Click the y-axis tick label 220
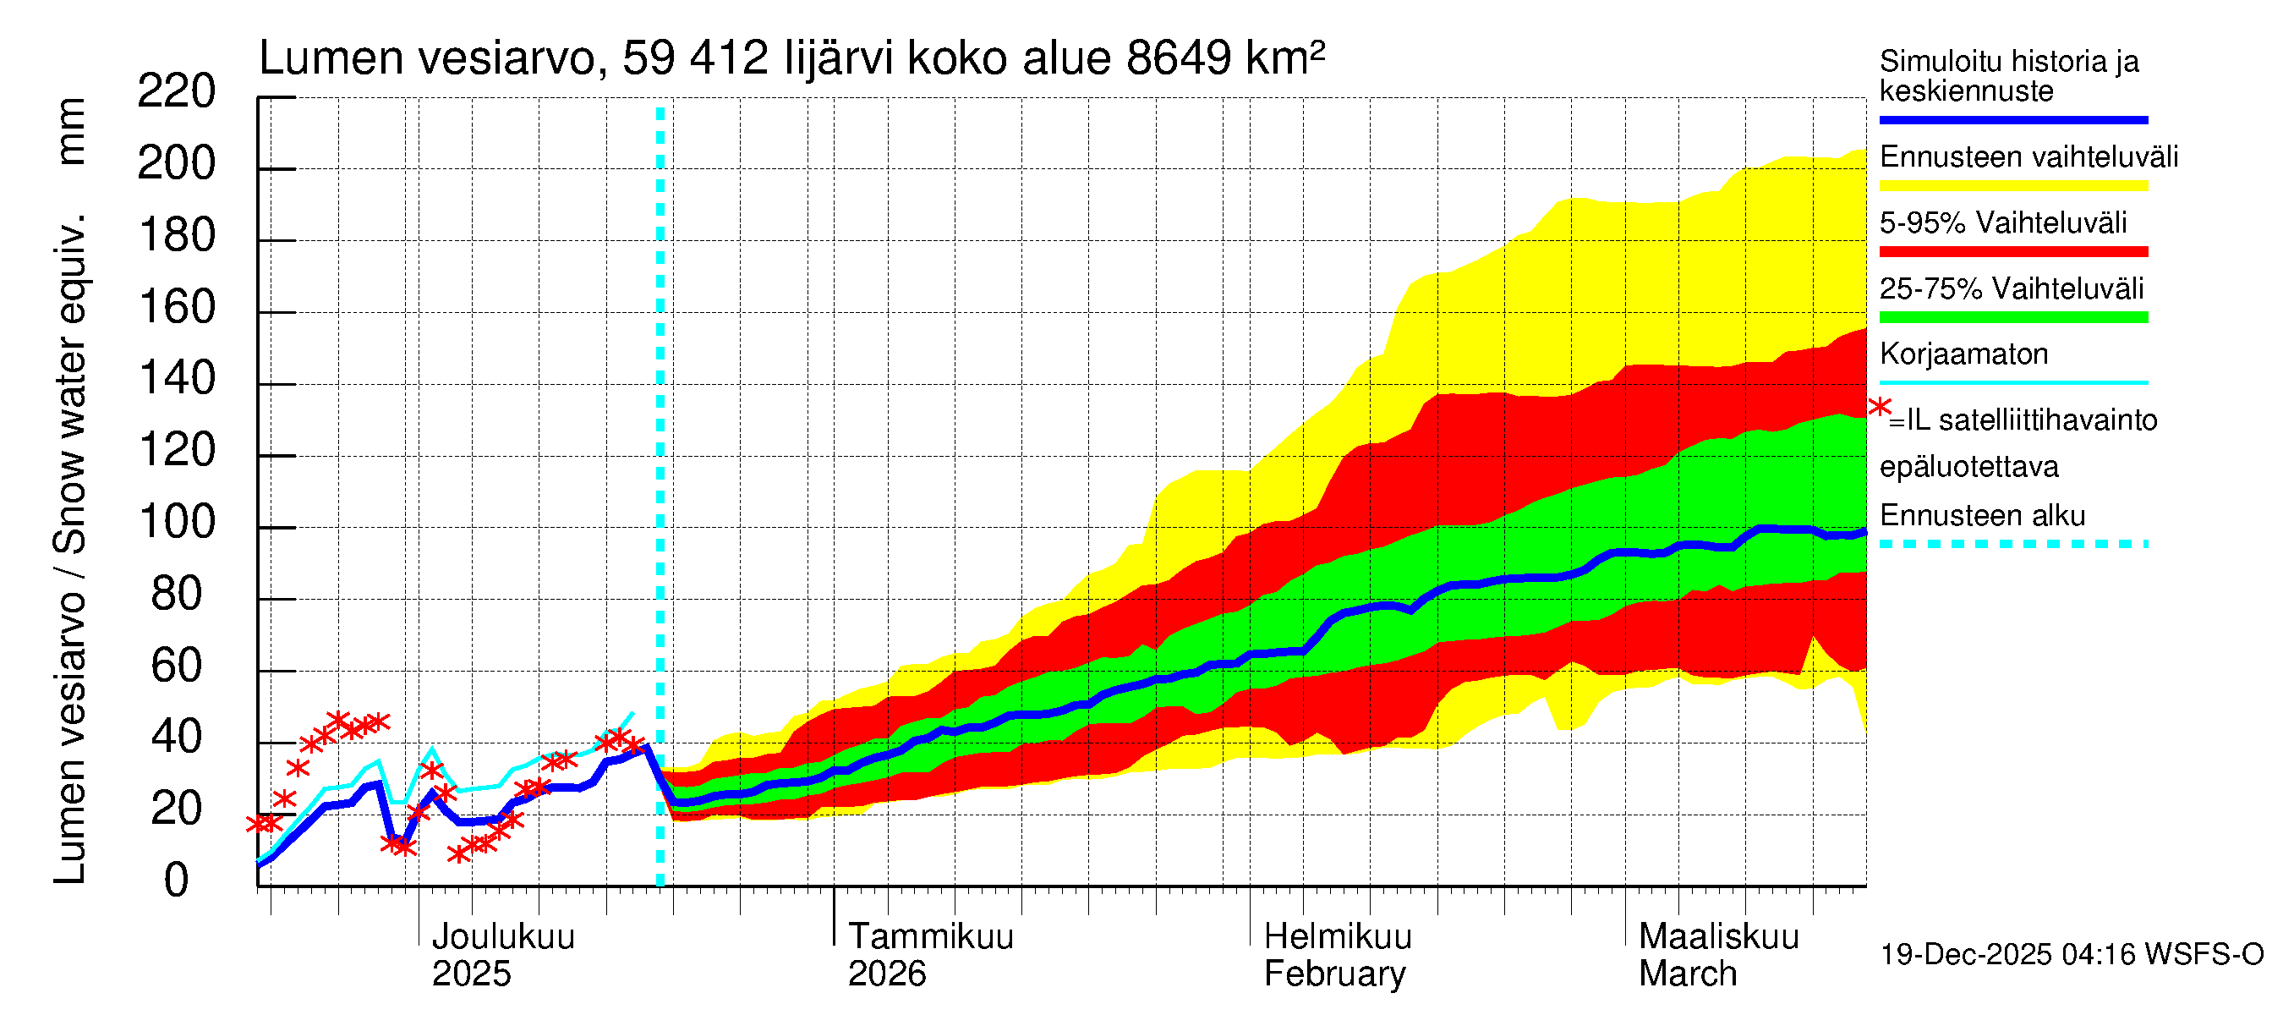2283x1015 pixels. (177, 92)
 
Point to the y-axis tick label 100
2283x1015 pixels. (177, 523)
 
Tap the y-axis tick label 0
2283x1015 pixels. (177, 881)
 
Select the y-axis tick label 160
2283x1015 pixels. (177, 308)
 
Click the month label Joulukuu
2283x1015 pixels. (502, 937)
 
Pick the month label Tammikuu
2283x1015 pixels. (931, 937)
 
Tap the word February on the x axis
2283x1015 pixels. (1333, 974)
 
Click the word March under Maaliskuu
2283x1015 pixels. (1688, 974)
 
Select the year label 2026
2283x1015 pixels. (886, 974)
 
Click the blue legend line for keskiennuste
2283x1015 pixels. (2012, 119)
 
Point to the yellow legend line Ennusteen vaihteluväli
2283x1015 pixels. (2012, 185)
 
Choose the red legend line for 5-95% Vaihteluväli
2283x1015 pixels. (2012, 252)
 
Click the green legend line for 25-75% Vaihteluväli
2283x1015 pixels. (2012, 317)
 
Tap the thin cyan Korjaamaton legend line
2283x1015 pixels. (2012, 383)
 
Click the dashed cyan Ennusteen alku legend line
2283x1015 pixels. (2012, 544)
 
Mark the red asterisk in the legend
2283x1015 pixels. (1879, 408)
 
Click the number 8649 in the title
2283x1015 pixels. (1178, 58)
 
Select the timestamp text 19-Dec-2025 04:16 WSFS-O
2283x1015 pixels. (2071, 955)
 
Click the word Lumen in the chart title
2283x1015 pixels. (330, 58)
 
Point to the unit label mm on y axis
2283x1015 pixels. (71, 131)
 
